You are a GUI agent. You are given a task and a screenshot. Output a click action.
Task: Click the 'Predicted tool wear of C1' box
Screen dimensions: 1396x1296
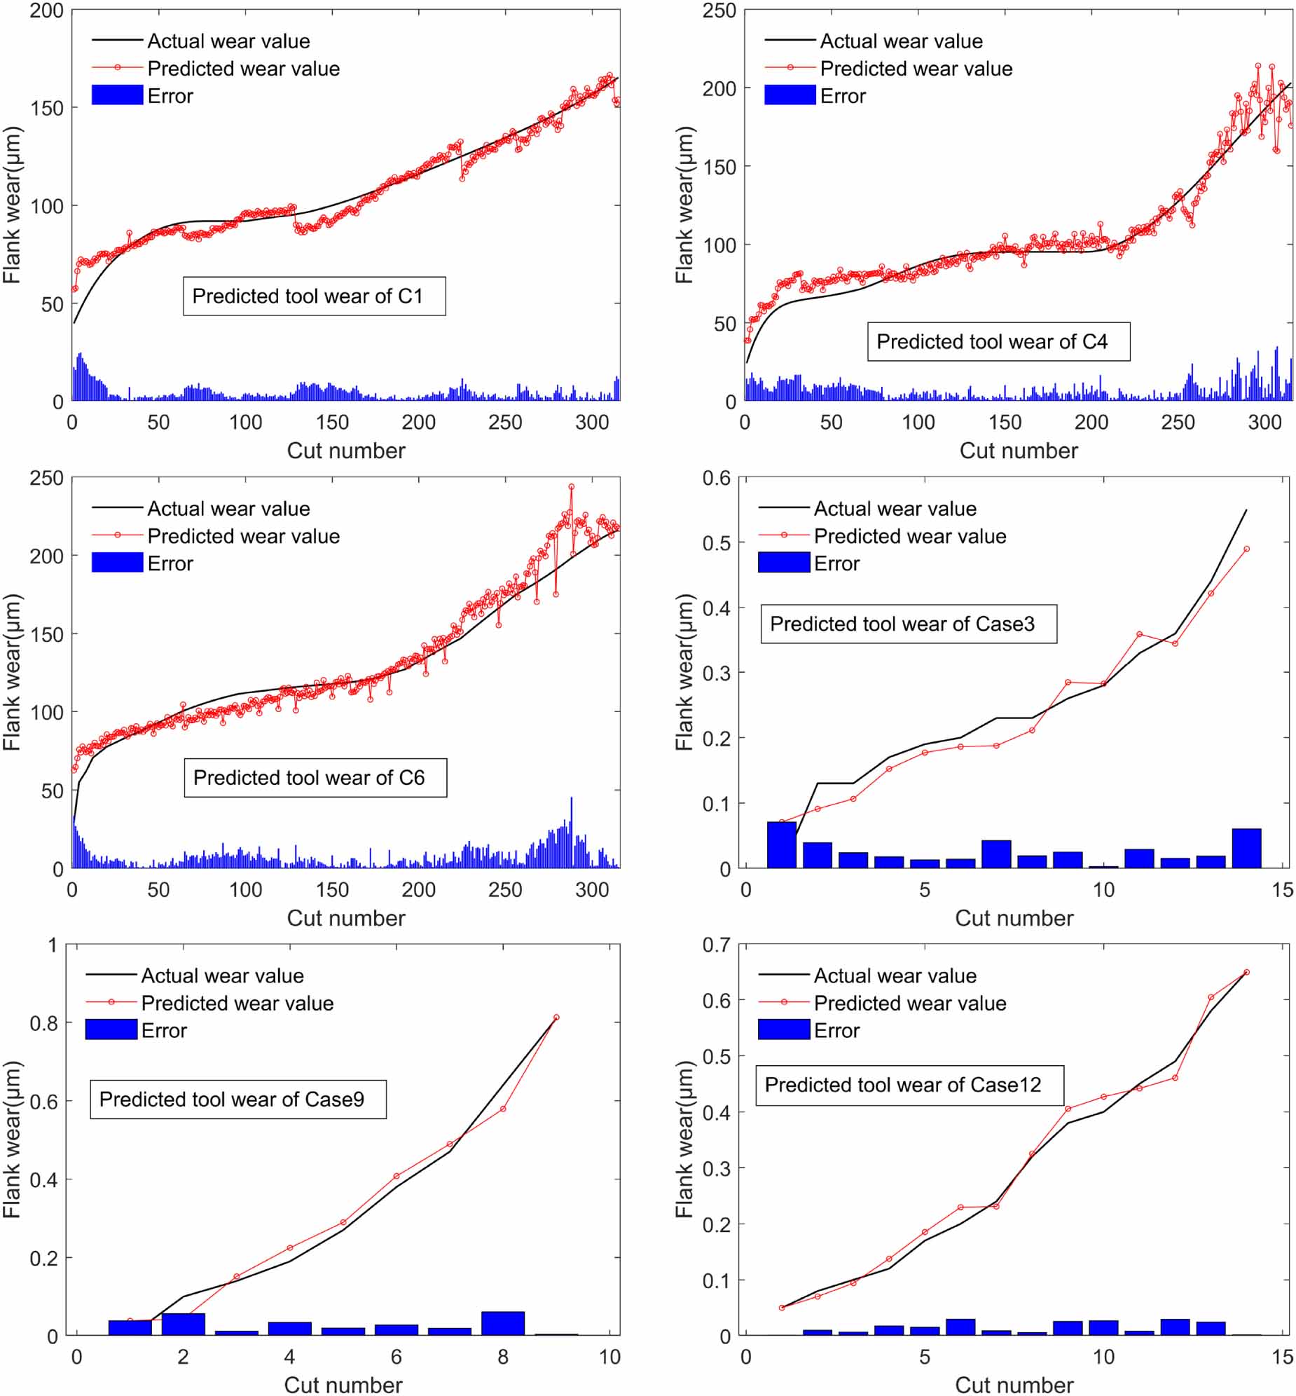click(314, 296)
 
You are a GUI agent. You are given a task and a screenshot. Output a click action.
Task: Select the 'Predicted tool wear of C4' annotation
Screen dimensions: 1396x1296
click(998, 341)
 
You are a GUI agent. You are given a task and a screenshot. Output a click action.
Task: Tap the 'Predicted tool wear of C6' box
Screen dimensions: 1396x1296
click(315, 777)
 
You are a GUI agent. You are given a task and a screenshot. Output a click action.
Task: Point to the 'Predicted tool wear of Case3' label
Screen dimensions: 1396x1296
click(908, 624)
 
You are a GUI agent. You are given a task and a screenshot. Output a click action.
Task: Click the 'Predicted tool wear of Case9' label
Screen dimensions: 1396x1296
click(237, 1099)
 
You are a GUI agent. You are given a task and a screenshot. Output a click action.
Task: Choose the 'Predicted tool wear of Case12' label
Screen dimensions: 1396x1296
click(909, 1085)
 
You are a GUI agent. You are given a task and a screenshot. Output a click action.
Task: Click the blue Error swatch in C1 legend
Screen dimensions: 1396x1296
click(117, 95)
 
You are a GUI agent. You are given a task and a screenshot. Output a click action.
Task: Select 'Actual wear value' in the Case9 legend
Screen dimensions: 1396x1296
click(222, 975)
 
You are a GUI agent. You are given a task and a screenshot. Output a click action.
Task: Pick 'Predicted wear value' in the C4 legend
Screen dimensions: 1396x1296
click(916, 69)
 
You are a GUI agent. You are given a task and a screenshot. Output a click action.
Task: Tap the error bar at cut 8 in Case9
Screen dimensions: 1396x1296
click(503, 1322)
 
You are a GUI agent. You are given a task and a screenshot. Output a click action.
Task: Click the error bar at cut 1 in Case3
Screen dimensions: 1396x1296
click(781, 844)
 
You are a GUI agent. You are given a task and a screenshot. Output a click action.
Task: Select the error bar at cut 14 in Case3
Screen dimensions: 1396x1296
click(1246, 848)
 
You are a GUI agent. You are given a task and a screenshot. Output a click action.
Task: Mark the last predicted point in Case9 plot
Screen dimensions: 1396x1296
click(556, 1017)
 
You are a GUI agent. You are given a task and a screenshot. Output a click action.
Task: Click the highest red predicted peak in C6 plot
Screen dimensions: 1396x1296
click(571, 486)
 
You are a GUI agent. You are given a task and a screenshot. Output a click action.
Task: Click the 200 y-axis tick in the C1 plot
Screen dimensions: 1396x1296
click(46, 11)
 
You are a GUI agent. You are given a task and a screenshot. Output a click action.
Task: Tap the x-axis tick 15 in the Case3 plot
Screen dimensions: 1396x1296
click(1283, 889)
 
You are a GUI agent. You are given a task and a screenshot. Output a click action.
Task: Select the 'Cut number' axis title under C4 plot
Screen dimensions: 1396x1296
click(1019, 451)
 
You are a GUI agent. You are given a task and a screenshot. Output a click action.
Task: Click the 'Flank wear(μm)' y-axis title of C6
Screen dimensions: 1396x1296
click(12, 672)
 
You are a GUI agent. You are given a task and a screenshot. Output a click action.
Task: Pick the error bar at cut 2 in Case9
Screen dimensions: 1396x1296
click(183, 1324)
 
